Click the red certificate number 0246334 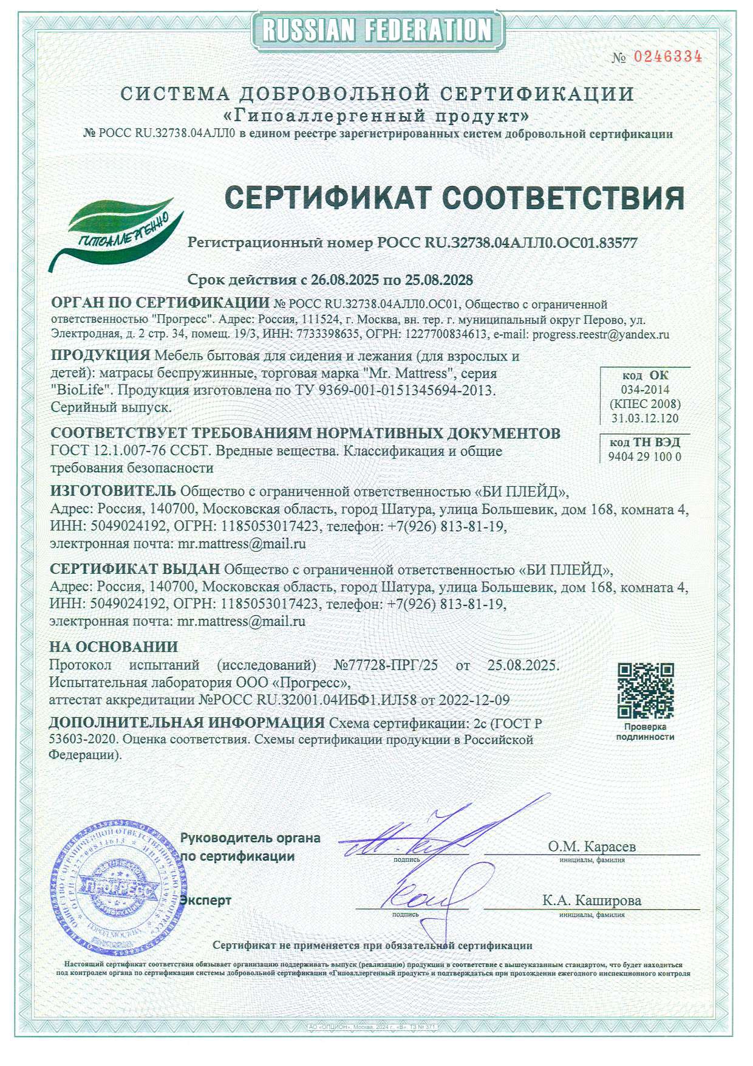tap(668, 57)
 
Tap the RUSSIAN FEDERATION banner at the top tap(376, 29)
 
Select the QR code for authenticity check tap(646, 691)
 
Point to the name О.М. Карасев tap(591, 847)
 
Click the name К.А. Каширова tap(591, 901)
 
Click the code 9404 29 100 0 tap(644, 457)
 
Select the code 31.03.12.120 tap(645, 418)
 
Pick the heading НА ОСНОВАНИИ tap(114, 647)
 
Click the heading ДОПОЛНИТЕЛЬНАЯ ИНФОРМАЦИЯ tap(186, 723)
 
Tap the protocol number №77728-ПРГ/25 tap(386, 665)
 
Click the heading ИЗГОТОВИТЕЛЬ tap(113, 490)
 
